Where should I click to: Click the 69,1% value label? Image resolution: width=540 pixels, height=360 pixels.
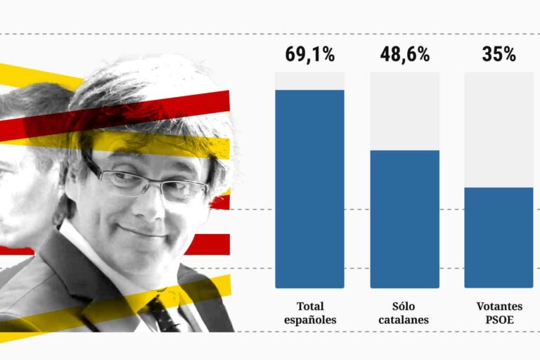309,54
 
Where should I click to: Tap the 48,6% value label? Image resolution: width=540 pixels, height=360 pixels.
404,54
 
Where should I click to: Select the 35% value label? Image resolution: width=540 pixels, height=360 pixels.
499,54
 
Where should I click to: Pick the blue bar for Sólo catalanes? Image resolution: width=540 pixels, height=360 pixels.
404,219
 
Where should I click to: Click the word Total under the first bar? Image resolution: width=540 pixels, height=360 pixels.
310,307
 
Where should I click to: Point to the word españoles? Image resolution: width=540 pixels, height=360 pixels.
310,320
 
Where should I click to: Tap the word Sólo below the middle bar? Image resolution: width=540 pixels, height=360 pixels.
404,307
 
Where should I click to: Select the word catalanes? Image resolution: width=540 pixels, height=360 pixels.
404,320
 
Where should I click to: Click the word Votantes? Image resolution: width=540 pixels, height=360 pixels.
499,307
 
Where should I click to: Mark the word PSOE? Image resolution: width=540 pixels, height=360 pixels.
499,320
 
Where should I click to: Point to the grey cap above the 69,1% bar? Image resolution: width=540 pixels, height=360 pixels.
309,81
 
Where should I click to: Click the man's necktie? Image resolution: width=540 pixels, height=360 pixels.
163,314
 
